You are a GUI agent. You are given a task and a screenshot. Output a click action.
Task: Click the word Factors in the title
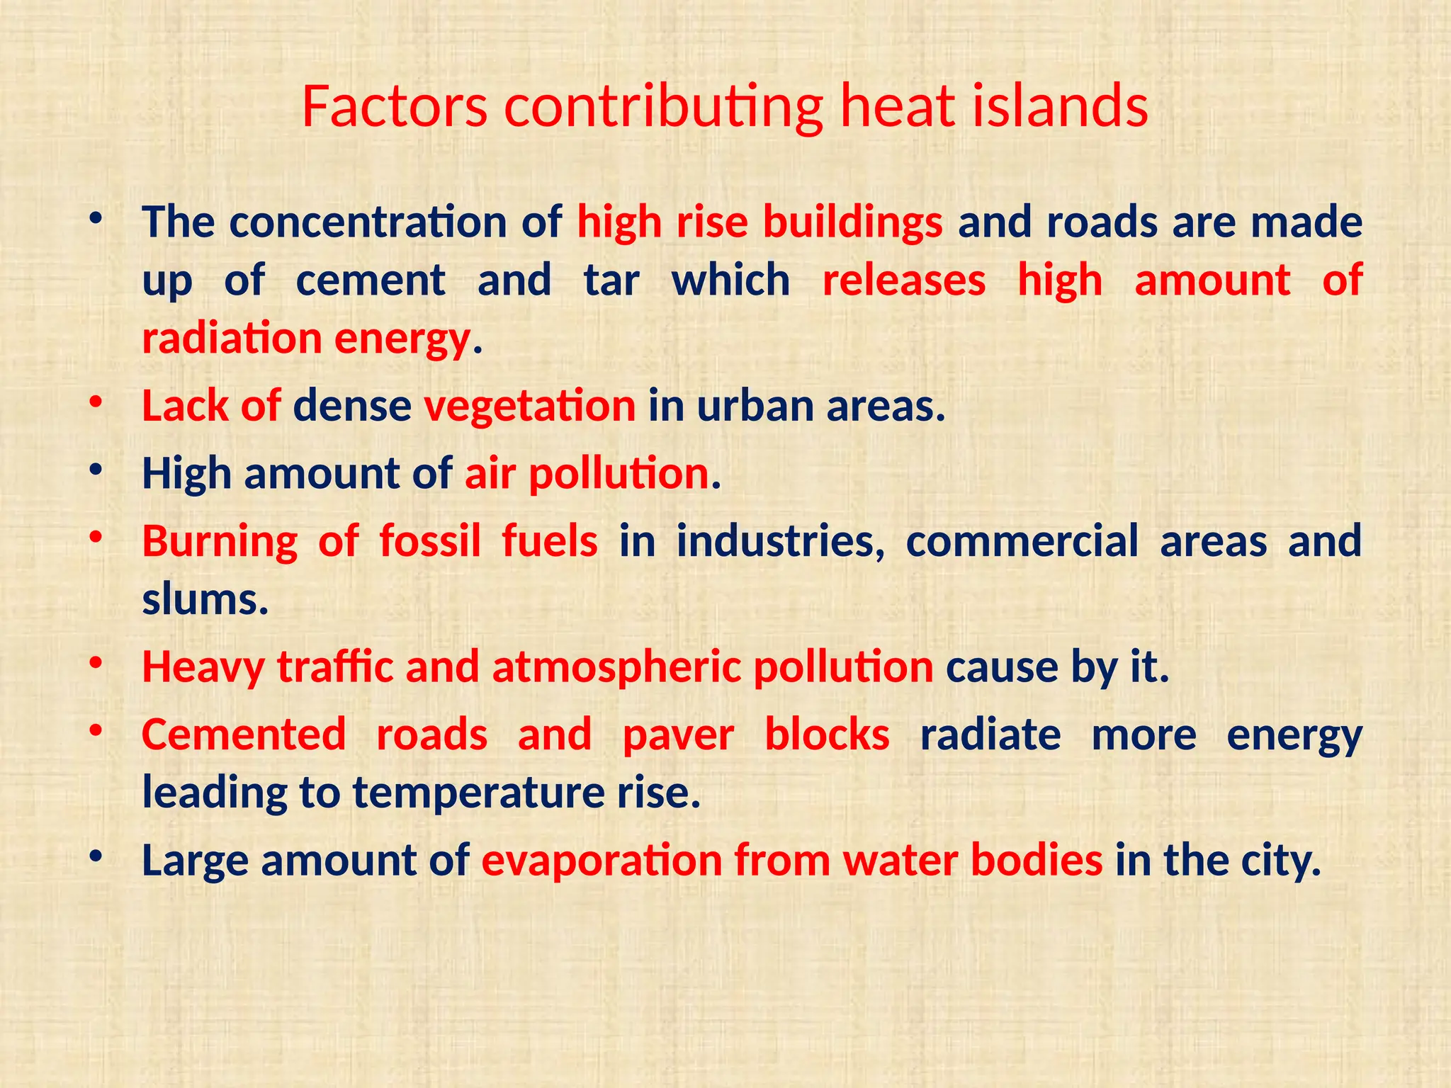394,107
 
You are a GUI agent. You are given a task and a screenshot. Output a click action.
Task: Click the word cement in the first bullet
371,280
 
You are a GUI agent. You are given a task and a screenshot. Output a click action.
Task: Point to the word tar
612,280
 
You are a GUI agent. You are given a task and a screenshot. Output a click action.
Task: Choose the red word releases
904,280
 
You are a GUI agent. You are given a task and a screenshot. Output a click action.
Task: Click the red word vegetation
530,407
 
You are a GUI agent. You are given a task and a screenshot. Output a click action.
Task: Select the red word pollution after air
619,474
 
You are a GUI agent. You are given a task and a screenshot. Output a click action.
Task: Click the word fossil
430,542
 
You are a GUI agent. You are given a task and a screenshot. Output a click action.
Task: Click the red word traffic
334,667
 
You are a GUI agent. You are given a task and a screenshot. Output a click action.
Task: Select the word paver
678,735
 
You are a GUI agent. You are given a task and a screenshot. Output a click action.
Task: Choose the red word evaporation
602,861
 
